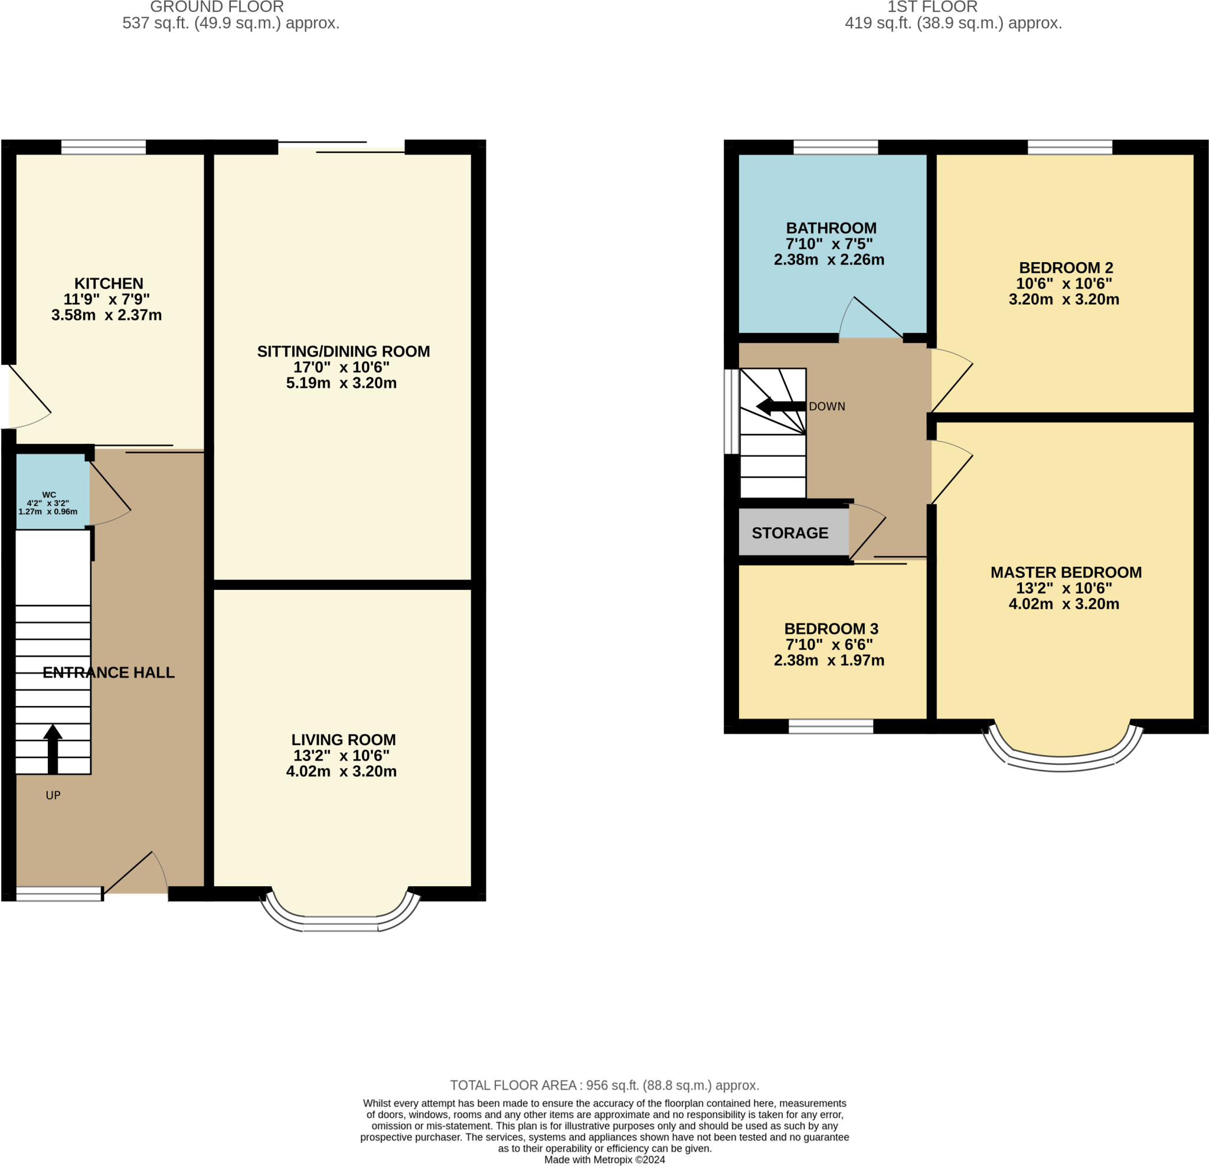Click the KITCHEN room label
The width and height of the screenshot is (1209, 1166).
[109, 284]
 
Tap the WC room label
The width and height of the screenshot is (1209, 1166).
[49, 495]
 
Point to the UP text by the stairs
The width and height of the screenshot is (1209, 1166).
[53, 795]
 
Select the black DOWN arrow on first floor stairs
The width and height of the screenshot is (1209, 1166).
[780, 406]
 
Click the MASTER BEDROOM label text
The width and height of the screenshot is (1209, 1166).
[1066, 573]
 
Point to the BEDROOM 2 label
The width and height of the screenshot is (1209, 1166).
[1066, 268]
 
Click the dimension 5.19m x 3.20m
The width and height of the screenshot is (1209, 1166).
[341, 383]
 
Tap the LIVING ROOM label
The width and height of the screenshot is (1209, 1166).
[344, 740]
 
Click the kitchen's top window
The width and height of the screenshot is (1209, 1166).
[104, 147]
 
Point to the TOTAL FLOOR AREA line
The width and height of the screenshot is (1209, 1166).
[604, 1085]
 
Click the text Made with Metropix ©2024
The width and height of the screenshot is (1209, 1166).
[604, 1160]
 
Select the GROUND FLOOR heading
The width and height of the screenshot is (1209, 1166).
[217, 8]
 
